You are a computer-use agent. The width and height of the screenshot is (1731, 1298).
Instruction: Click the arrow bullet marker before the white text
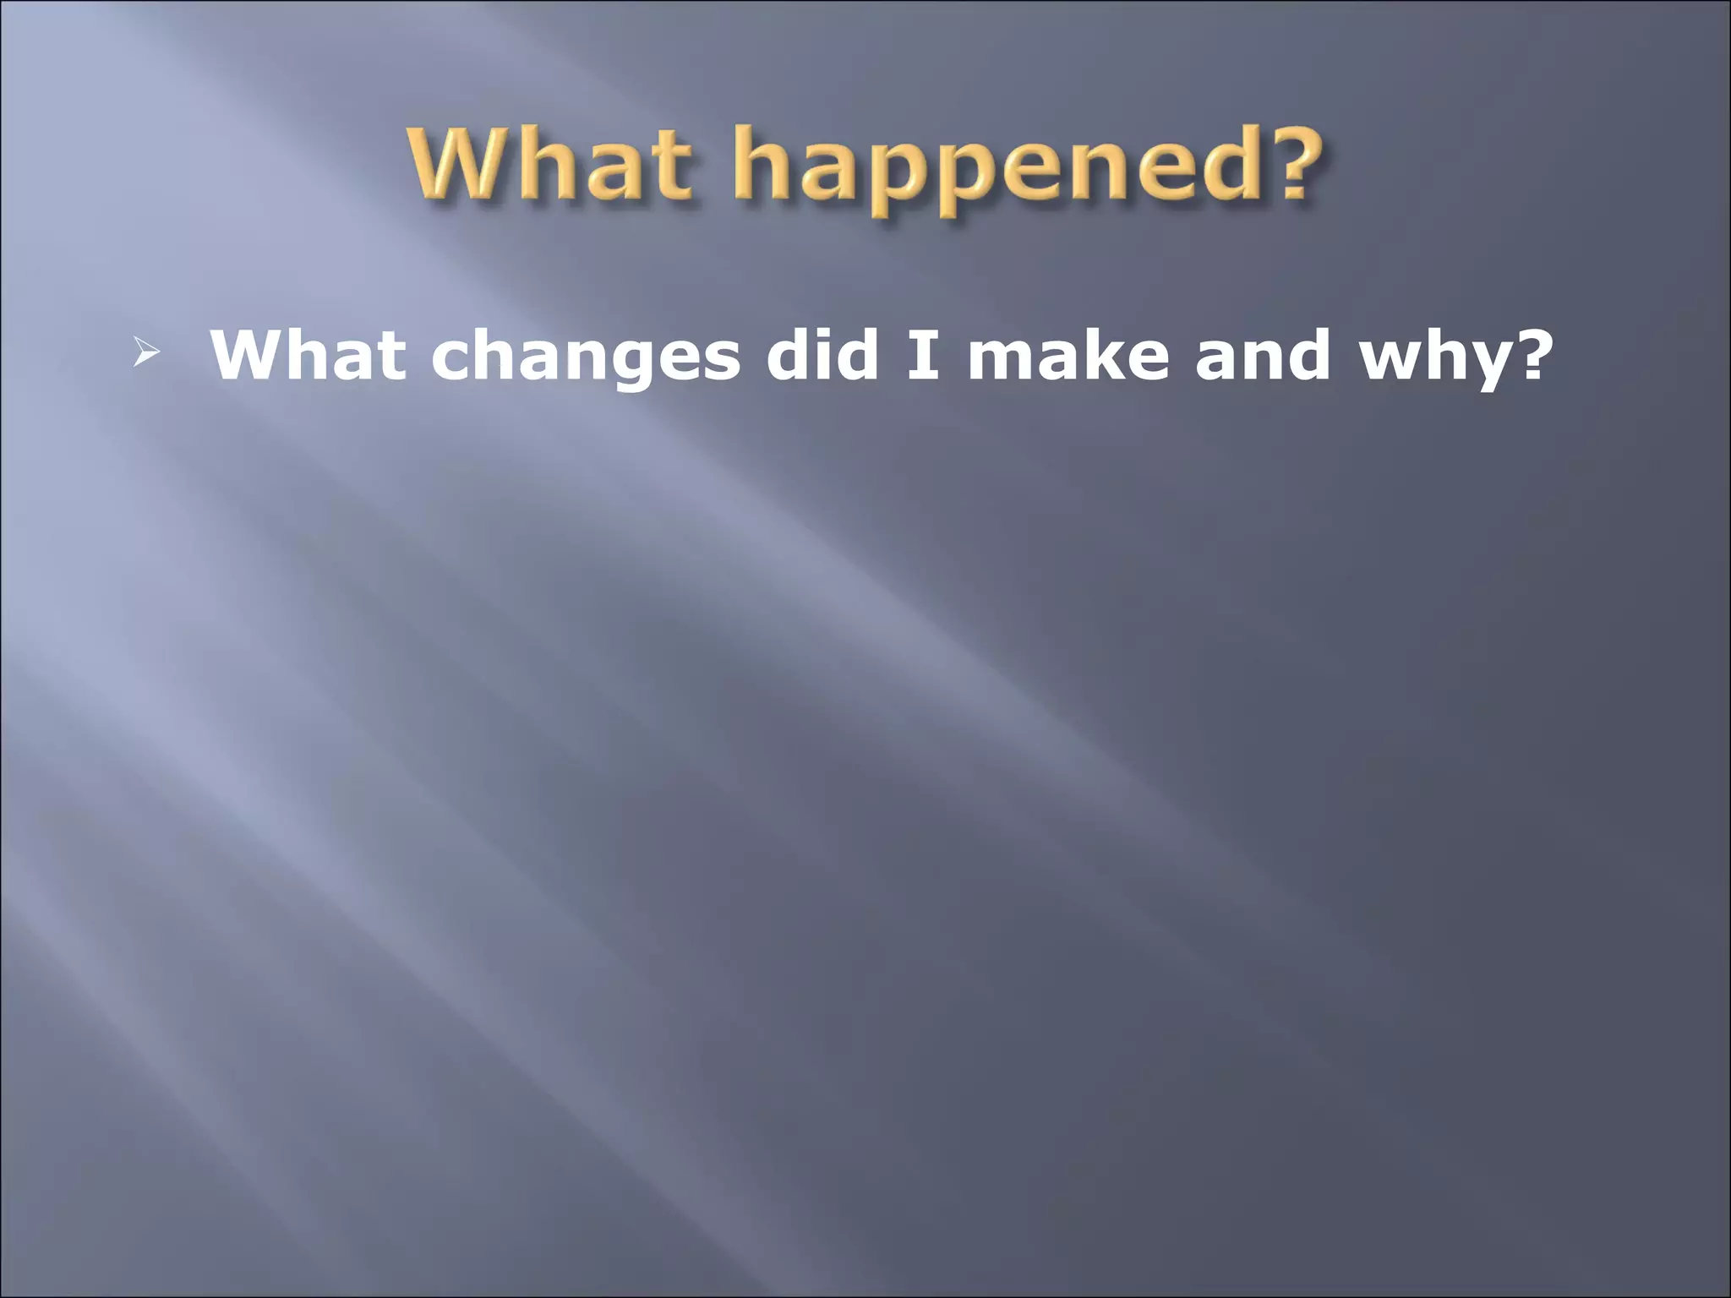click(x=145, y=355)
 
